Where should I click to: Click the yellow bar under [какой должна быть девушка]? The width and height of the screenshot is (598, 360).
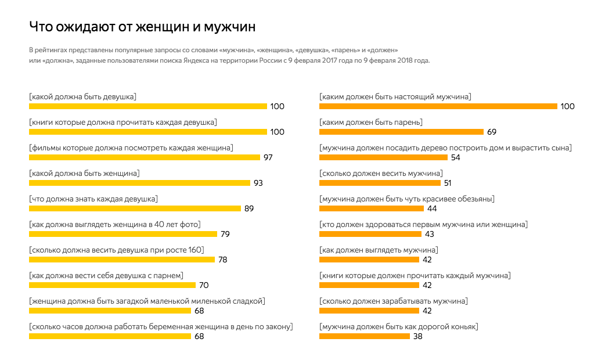[x=148, y=106]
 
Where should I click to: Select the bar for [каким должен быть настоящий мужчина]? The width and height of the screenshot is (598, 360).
[x=438, y=106]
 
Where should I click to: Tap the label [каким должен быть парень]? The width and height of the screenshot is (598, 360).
[x=371, y=123]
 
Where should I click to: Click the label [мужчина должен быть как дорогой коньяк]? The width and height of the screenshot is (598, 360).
[x=399, y=327]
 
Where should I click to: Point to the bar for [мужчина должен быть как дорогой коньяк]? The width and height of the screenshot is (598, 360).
[x=364, y=336]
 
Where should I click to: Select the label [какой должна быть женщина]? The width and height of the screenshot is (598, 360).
[x=84, y=174]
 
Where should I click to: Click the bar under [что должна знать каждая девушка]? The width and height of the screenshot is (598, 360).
[x=135, y=208]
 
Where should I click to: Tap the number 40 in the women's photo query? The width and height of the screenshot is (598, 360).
[x=158, y=225]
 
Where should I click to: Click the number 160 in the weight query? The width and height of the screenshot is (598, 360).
[x=195, y=250]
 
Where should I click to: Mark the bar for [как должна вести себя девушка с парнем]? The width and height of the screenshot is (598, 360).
[x=112, y=285]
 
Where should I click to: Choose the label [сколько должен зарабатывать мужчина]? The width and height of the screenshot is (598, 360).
[x=394, y=301]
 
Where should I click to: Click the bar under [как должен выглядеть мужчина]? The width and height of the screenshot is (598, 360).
[x=369, y=260]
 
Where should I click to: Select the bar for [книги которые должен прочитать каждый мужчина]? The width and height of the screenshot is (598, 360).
[x=369, y=285]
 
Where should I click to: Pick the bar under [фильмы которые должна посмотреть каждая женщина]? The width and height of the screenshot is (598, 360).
[x=145, y=157]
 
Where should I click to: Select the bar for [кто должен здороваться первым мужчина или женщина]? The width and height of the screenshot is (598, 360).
[x=370, y=234]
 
